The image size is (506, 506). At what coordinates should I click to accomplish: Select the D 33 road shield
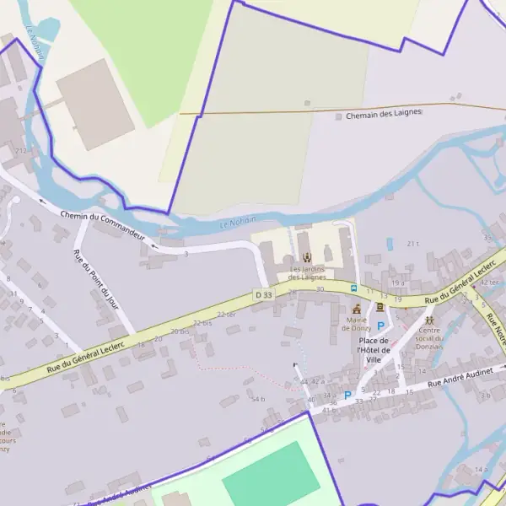click(264, 294)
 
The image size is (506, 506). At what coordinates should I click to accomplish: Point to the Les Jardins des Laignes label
click(306, 272)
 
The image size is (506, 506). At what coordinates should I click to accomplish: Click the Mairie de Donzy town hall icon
click(356, 309)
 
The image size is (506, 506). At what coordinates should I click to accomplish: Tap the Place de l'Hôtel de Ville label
click(374, 350)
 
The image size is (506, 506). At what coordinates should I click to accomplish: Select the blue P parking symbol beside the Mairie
click(380, 326)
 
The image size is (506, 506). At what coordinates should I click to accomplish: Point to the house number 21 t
click(412, 244)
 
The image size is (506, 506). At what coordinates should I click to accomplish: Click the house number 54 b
click(257, 399)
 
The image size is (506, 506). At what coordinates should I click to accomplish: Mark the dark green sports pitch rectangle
click(271, 475)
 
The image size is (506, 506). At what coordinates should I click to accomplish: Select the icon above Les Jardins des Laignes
click(306, 257)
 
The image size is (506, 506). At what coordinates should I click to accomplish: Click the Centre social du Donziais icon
click(430, 320)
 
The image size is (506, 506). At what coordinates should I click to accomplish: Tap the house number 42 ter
click(489, 282)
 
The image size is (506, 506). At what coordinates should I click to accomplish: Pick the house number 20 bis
click(180, 331)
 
